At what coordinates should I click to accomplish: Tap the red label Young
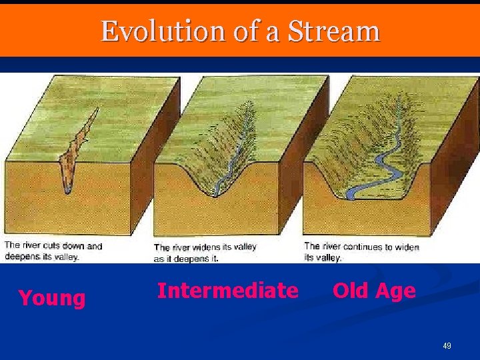pos(52,298)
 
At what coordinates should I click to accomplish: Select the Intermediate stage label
pos(227,291)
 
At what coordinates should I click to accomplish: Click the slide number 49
pos(447,346)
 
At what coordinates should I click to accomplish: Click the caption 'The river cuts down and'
pos(53,246)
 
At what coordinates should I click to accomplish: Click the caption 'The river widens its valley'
pos(205,247)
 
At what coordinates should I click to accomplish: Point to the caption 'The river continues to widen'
pos(361,247)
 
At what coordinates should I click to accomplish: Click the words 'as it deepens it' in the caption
pos(186,258)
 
